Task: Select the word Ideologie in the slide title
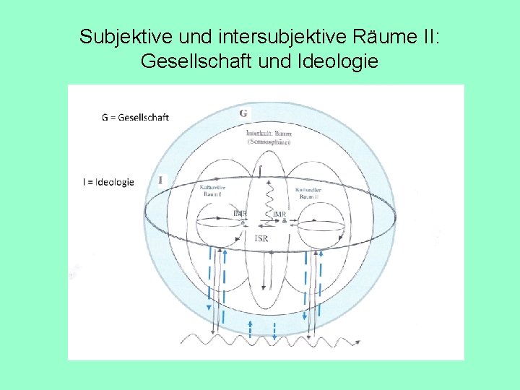pyautogui.click(x=337, y=61)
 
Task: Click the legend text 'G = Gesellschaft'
pyautogui.click(x=135, y=117)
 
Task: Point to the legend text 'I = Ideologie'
pyautogui.click(x=108, y=183)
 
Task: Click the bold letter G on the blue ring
pyautogui.click(x=243, y=113)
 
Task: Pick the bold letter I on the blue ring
pyautogui.click(x=160, y=180)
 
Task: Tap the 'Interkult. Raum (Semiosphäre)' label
pyautogui.click(x=269, y=138)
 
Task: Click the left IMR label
pyautogui.click(x=240, y=213)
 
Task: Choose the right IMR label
pyautogui.click(x=279, y=214)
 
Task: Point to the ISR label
pyautogui.click(x=261, y=238)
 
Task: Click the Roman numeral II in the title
pyautogui.click(x=428, y=37)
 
